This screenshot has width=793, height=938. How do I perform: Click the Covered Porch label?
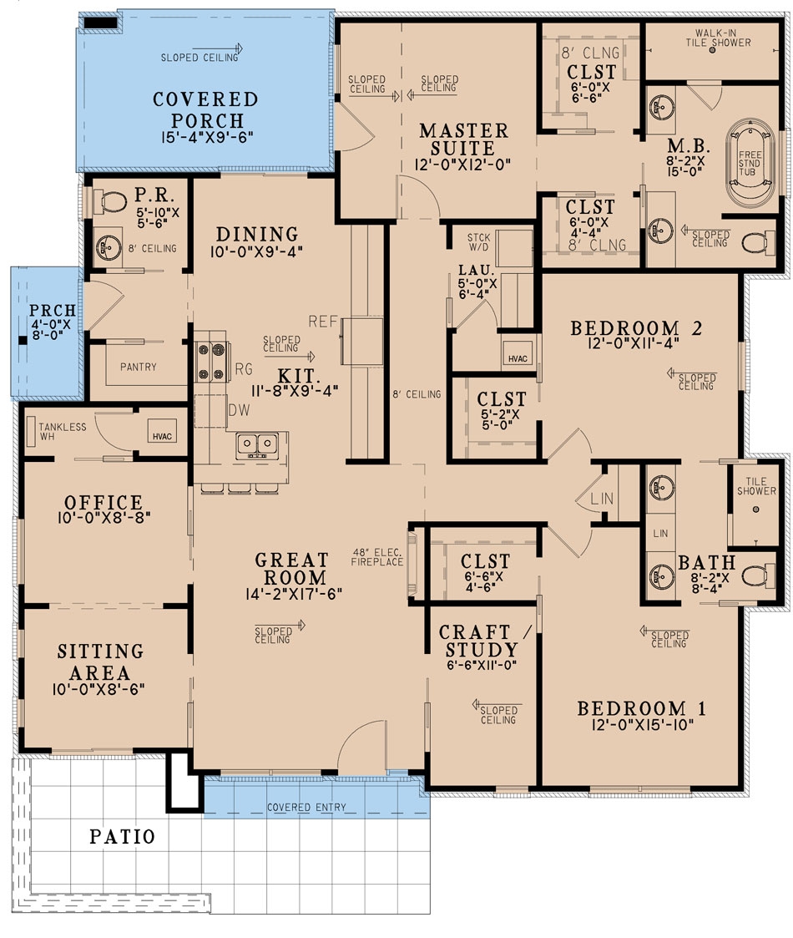pos(205,109)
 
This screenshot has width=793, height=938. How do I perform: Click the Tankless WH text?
pos(62,433)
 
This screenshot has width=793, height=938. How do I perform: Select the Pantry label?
pos(138,367)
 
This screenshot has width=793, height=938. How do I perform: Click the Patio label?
pos(123,836)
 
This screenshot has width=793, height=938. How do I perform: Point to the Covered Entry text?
pos(306,808)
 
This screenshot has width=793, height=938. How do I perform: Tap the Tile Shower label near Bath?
pos(756,486)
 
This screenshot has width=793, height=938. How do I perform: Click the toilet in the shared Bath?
pos(755,575)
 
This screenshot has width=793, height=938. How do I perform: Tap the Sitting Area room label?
pos(100,662)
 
